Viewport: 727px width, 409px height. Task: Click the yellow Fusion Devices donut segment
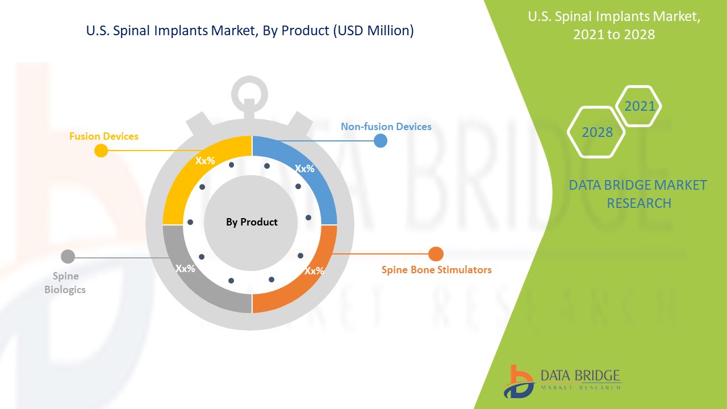(187, 176)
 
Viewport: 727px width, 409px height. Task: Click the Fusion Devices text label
(103, 136)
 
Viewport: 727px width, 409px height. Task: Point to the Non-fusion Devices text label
(386, 127)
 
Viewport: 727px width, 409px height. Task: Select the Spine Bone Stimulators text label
(436, 270)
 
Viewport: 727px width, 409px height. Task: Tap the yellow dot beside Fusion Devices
(101, 151)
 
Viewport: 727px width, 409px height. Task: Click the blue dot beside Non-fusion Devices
(381, 140)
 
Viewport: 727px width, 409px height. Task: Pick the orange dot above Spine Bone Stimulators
(436, 254)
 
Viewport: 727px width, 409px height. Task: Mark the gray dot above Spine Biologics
(68, 257)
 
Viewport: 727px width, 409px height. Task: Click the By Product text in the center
(252, 222)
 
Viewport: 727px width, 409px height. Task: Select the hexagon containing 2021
(639, 106)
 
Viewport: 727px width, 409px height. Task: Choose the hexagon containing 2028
(597, 132)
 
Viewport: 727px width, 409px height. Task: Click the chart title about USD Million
(250, 31)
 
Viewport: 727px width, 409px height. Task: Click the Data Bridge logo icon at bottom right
(518, 381)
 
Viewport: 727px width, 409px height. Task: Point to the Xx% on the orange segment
(314, 271)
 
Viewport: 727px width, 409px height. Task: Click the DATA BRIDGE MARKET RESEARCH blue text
(638, 194)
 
